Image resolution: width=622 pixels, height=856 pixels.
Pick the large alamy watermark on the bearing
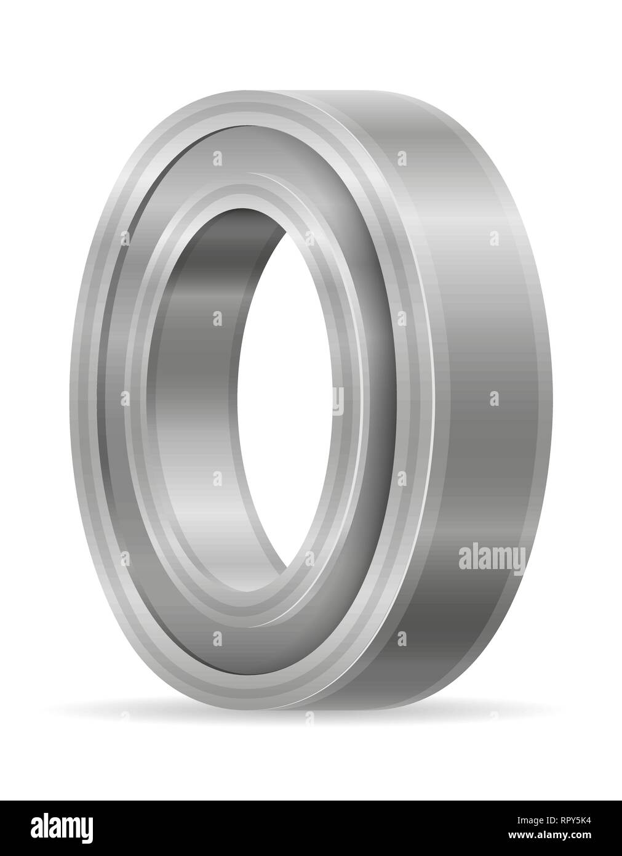click(x=492, y=559)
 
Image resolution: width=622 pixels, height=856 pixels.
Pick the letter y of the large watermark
click(x=519, y=562)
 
